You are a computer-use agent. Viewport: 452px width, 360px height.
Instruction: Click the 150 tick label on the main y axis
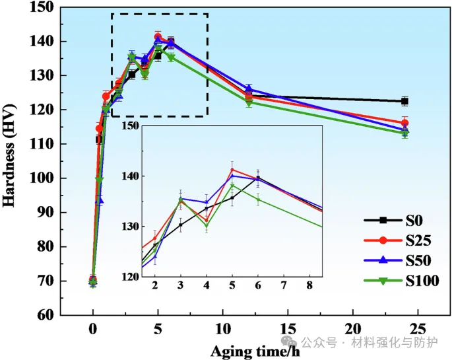(x=41, y=7)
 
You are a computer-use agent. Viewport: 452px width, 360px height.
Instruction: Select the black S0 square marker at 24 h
(x=404, y=101)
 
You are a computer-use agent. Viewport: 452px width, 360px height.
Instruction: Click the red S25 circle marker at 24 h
(x=404, y=123)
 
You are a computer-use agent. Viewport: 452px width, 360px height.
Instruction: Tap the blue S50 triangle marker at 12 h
(x=249, y=88)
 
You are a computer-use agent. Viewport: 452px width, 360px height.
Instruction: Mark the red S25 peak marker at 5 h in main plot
(x=158, y=37)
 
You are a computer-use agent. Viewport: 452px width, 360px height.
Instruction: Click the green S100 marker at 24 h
(x=404, y=133)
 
